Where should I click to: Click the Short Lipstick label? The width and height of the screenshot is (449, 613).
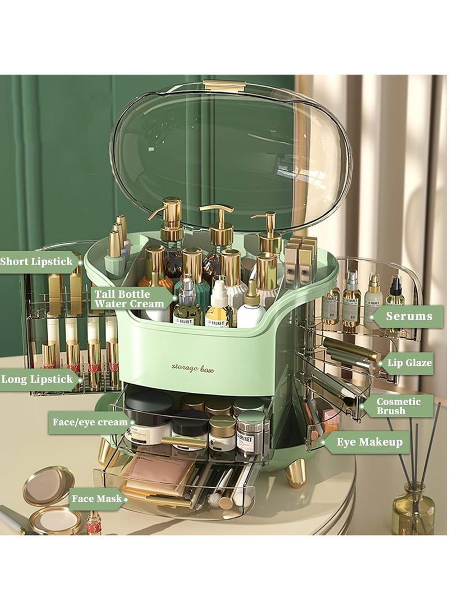[x=36, y=262]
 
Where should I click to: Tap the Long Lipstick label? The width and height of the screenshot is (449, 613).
[x=37, y=379]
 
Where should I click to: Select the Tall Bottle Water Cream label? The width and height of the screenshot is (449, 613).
[x=130, y=299]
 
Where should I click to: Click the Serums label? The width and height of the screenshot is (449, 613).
[x=409, y=316]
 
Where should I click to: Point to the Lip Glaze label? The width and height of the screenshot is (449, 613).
[x=410, y=363]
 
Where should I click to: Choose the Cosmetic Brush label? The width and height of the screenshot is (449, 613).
[x=398, y=406]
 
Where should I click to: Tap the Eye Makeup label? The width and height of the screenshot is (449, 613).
[x=369, y=442]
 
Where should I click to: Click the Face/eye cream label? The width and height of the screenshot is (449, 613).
[x=90, y=422]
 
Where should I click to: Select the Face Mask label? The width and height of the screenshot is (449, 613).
[x=97, y=498]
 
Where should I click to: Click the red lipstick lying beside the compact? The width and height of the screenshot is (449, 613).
[x=94, y=523]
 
